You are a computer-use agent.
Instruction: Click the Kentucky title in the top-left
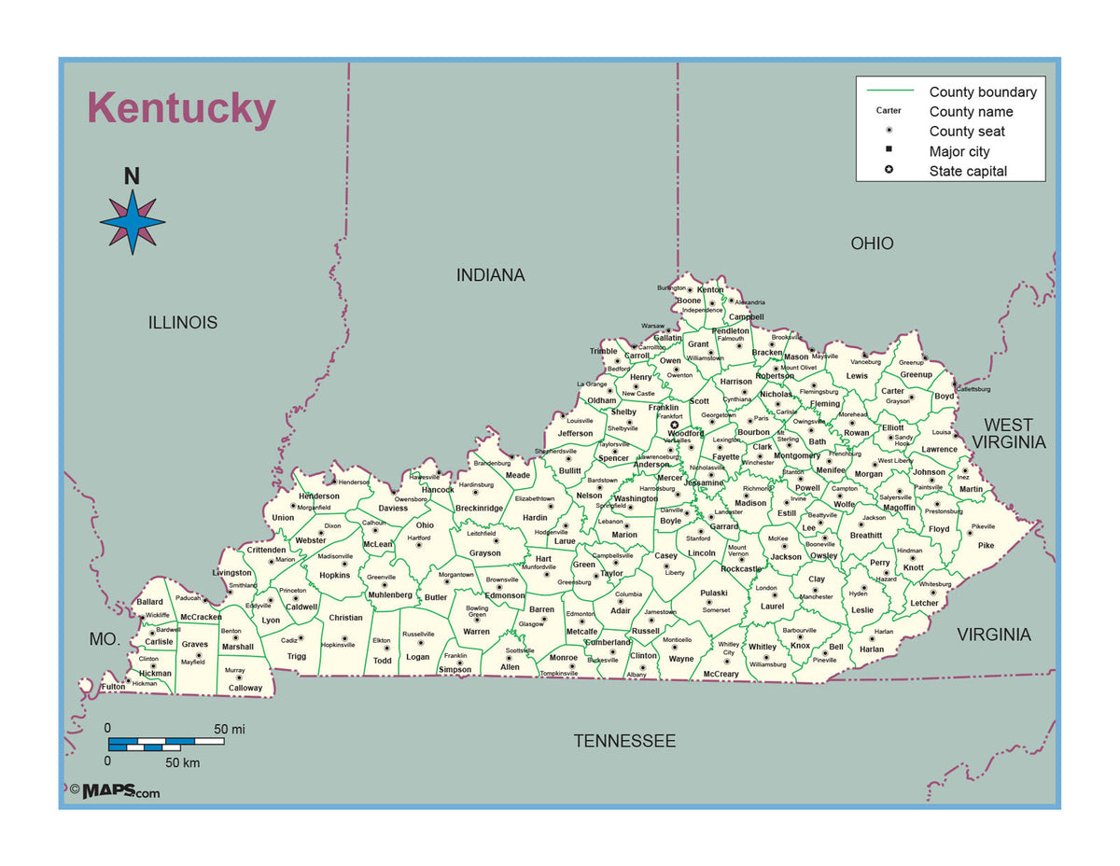[x=181, y=108]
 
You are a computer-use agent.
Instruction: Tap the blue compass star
[x=133, y=222]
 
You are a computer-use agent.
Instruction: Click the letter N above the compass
[x=132, y=176]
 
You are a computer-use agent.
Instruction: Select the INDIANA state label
[x=490, y=275]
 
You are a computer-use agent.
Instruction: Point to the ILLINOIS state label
[x=183, y=323]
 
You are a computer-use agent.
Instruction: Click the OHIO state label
[x=872, y=244]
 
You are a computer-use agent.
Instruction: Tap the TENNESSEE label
[x=624, y=741]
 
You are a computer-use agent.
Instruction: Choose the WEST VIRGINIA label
[x=1009, y=434]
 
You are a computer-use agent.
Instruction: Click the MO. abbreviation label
[x=105, y=639]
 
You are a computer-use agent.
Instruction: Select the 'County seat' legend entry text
[x=967, y=132]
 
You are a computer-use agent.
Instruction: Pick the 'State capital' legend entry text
[x=968, y=172]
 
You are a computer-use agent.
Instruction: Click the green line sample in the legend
[x=889, y=91]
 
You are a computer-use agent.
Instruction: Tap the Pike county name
[x=986, y=546]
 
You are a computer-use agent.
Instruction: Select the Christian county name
[x=345, y=618]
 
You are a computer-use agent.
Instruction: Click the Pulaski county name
[x=714, y=594]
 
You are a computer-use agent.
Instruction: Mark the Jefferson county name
[x=575, y=433]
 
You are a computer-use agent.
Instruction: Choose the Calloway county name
[x=245, y=689]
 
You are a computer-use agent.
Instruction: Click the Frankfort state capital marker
[x=674, y=426]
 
